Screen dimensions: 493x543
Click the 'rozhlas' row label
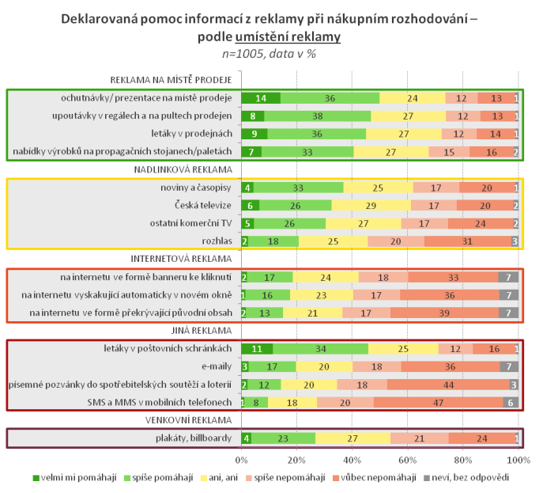pyautogui.click(x=217, y=241)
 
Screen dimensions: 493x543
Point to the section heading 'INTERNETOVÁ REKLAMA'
pyautogui.click(x=182, y=258)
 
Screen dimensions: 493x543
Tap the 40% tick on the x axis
pyautogui.click(x=352, y=460)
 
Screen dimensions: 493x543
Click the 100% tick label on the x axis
pyautogui.click(x=518, y=460)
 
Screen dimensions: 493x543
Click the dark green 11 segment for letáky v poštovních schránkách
pyautogui.click(x=257, y=348)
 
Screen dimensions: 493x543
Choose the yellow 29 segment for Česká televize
pyautogui.click(x=369, y=205)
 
